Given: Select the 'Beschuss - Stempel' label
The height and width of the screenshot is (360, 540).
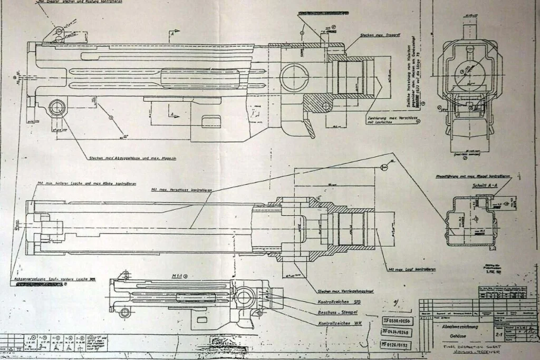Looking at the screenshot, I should pos(337,312).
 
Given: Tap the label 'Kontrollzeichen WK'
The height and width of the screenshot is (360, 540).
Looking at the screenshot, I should pos(339,322).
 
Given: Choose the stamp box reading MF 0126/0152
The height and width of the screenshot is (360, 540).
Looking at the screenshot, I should pos(396,345).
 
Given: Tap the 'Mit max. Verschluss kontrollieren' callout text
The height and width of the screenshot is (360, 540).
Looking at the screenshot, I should pos(181,190).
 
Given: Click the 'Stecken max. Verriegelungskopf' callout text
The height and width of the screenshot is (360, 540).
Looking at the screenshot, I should pos(345,291).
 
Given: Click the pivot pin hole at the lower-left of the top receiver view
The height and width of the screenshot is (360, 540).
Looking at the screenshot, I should pos(56,108).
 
